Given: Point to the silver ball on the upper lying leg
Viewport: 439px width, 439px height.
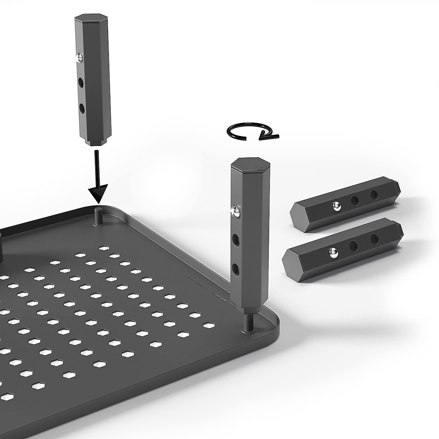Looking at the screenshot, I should (x=336, y=207).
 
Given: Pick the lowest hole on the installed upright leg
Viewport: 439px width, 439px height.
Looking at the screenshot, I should (x=237, y=270).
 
